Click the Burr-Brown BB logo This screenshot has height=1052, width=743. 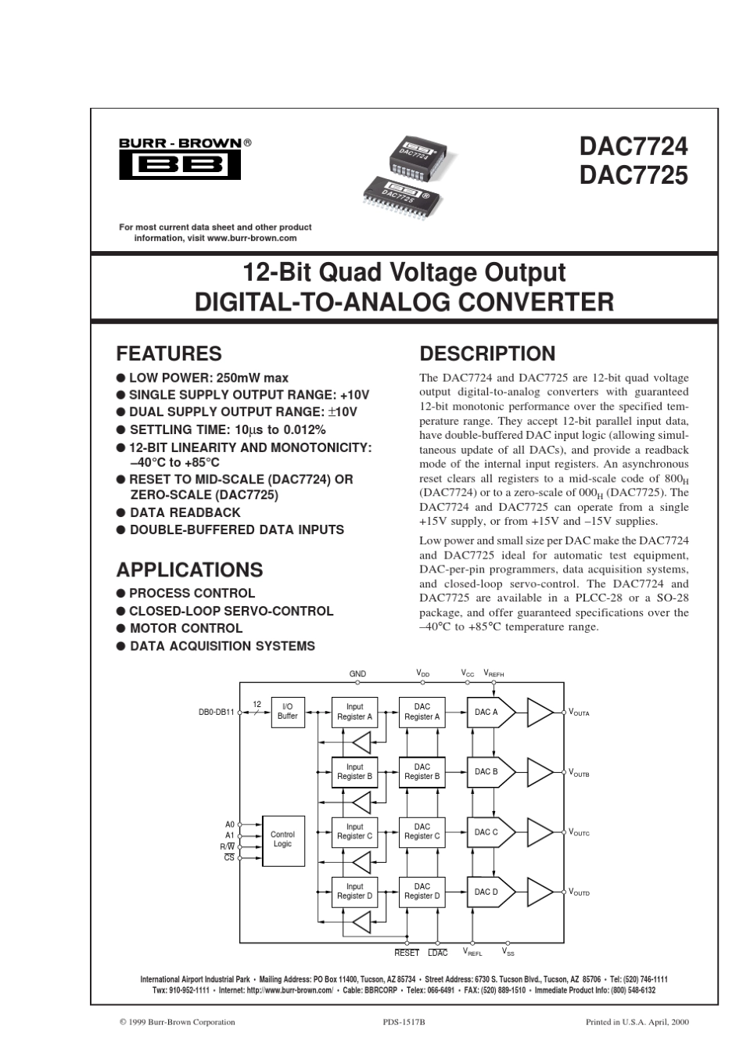180,165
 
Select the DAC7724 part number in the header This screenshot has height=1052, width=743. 633,146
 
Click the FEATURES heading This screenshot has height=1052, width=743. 169,354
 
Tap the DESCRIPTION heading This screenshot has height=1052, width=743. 487,354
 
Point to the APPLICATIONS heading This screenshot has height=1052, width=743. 189,569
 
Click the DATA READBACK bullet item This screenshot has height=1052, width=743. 185,512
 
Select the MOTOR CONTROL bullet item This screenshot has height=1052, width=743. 185,628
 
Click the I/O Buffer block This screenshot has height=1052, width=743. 287,712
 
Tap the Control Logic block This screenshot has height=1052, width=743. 282,839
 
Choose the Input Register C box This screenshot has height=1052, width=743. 354,831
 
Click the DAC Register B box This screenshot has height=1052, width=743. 422,772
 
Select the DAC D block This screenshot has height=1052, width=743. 489,892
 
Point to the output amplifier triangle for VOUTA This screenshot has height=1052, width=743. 540,712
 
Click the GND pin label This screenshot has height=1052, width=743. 357,673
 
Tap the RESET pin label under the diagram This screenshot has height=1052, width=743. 407,953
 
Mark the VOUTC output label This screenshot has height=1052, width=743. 579,833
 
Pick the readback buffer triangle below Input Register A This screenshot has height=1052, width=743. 361,741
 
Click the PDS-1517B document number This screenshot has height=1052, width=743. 404,1021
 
